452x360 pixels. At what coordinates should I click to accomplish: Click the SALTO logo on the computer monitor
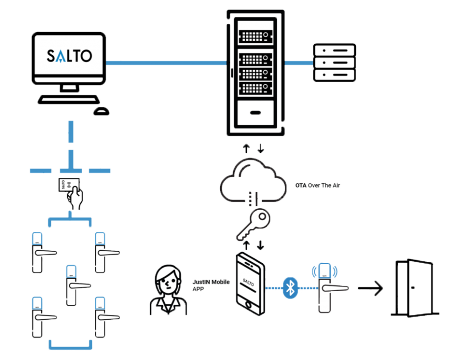(69, 55)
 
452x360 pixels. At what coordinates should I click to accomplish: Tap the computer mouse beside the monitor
(101, 111)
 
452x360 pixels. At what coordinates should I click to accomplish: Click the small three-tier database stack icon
(334, 62)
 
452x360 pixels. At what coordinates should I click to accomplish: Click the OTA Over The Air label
(318, 186)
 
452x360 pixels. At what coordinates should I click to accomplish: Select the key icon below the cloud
(254, 223)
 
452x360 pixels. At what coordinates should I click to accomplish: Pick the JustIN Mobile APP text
(210, 285)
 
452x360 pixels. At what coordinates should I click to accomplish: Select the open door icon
(414, 287)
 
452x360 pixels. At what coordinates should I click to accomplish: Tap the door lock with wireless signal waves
(325, 288)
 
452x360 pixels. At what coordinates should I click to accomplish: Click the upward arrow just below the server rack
(246, 148)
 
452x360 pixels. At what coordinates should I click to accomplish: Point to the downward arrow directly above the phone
(261, 244)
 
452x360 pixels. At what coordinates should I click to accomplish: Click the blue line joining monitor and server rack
(166, 63)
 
